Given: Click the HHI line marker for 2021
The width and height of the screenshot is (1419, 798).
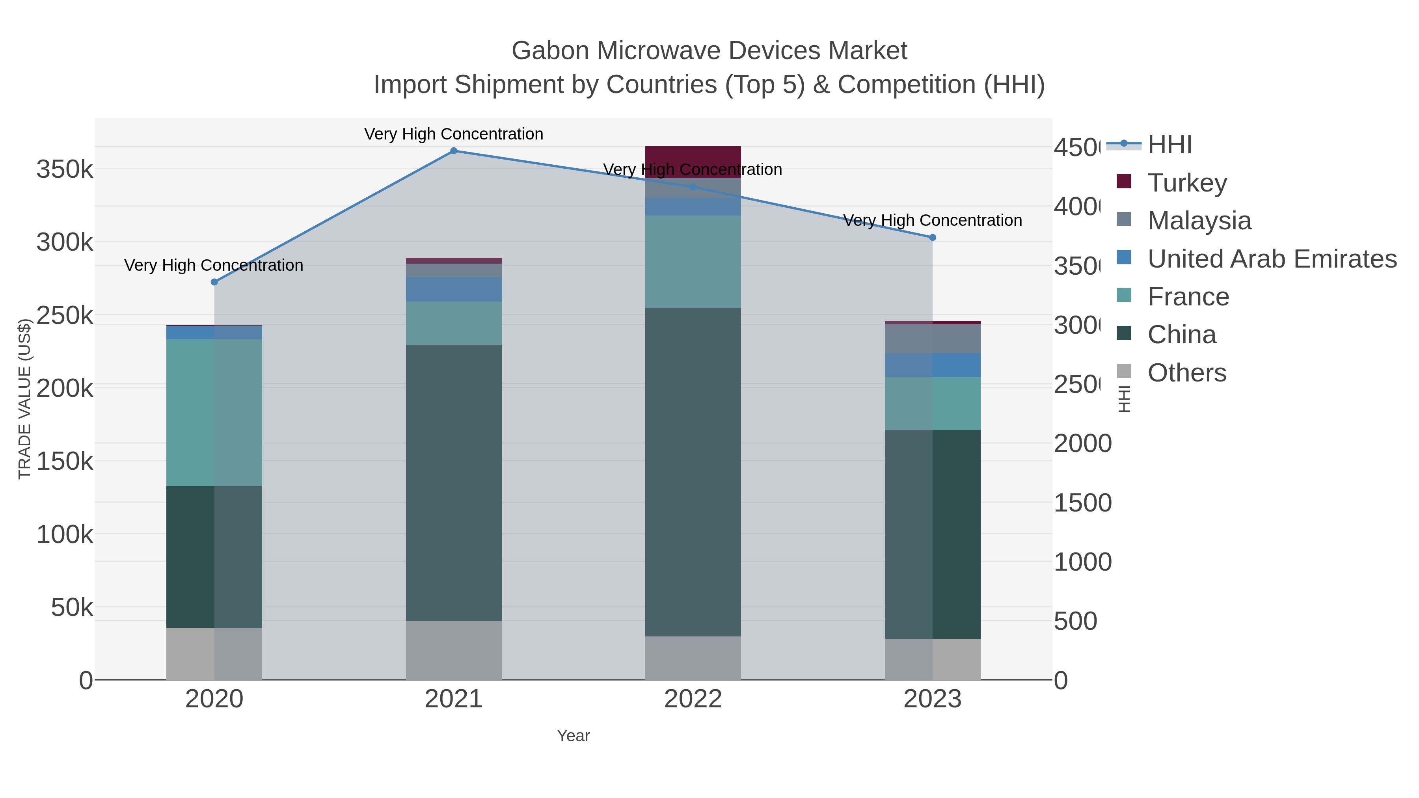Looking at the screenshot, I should click(453, 151).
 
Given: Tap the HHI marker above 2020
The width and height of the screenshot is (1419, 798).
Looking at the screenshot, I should click(214, 282).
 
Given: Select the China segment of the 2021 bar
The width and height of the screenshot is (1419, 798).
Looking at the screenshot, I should click(453, 483).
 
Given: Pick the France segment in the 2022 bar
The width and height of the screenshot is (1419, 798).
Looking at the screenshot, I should click(693, 262).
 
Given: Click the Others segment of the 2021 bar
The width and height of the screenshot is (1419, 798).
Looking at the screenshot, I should click(453, 650).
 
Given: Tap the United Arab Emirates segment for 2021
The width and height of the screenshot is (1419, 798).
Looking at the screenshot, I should click(453, 289).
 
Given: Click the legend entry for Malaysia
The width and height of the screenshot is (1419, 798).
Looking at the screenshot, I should click(1199, 221).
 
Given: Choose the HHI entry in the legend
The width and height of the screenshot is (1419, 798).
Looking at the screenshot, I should click(1169, 145).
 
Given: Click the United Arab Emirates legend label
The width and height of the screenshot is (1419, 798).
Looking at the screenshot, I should click(1271, 259).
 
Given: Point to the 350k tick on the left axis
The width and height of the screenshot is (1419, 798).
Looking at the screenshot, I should click(65, 169).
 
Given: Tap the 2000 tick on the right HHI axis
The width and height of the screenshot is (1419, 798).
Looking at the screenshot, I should click(1082, 444).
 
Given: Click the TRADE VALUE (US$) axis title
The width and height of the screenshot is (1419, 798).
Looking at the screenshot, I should click(24, 399).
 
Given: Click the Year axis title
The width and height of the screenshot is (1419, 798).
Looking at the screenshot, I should click(573, 736).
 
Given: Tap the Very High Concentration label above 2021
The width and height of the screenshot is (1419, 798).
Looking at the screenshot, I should click(453, 134).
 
